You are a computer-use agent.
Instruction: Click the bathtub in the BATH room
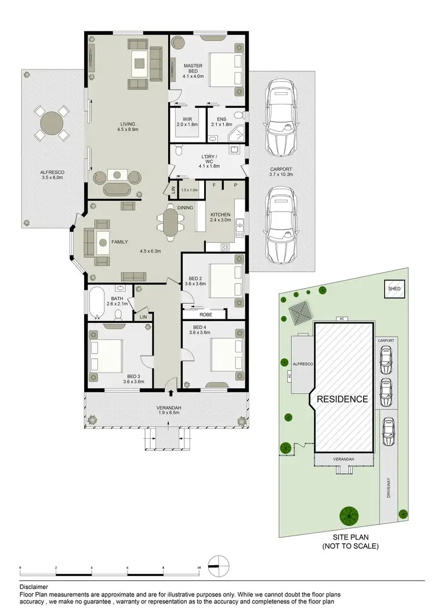(x=96, y=302)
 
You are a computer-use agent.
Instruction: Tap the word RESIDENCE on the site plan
(x=342, y=399)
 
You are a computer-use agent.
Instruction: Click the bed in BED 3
(x=107, y=355)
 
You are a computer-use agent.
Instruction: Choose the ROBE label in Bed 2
(x=205, y=315)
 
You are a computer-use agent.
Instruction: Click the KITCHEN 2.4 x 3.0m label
(x=220, y=217)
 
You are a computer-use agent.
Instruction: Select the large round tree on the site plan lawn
(x=349, y=514)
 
